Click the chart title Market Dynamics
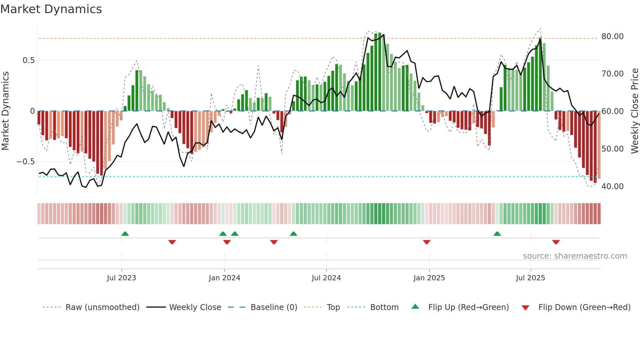(51, 9)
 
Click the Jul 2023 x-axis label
(121, 278)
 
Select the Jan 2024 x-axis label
(224, 278)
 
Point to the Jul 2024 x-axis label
(326, 278)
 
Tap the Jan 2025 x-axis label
(429, 278)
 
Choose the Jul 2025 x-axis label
(531, 278)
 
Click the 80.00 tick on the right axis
(612, 37)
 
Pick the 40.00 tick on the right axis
(612, 187)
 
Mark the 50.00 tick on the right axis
(612, 149)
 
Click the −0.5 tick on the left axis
(25, 162)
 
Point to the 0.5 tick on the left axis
(28, 60)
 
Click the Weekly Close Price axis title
(634, 111)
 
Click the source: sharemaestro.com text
(575, 256)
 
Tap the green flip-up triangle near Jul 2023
(125, 234)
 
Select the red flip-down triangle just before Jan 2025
(426, 242)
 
